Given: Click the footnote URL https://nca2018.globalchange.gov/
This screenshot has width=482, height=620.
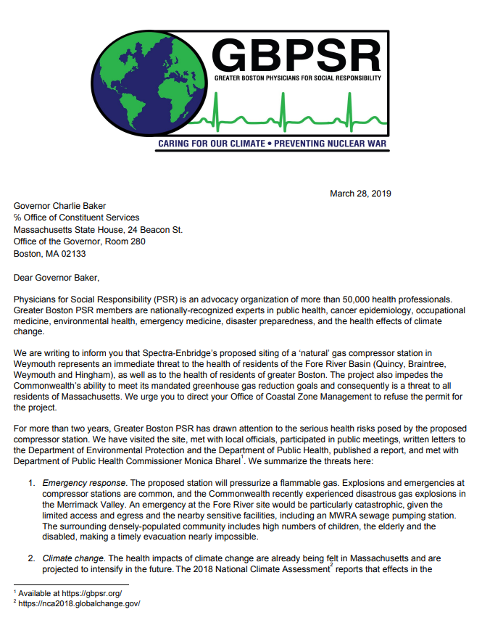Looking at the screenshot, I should [x=80, y=604].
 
